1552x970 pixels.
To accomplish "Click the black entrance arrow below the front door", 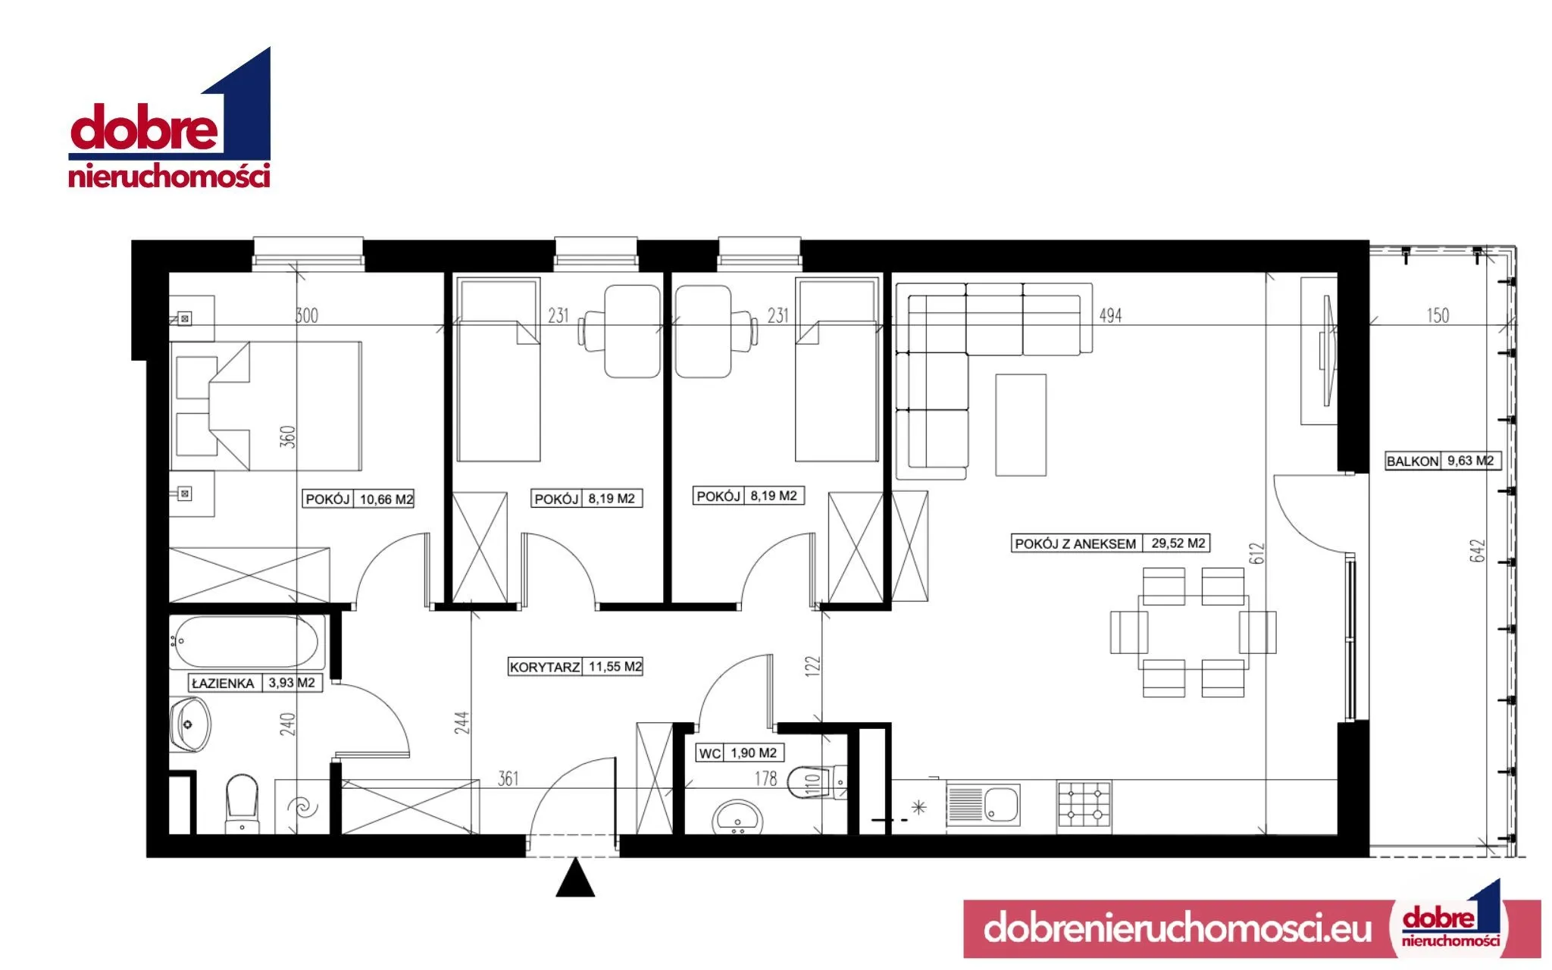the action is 575,878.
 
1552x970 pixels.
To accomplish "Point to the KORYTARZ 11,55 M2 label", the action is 576,667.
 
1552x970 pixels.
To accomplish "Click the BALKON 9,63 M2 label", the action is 1442,461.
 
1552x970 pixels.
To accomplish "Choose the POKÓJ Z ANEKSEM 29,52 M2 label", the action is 1111,543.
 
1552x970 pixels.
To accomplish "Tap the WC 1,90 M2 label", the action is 740,753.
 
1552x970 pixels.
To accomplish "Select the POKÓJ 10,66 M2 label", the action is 359,499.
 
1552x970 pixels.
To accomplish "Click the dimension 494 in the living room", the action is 1110,315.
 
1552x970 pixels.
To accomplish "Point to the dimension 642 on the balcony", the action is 1477,551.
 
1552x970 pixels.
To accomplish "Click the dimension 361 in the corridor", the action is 508,778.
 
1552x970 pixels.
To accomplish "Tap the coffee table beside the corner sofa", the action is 1021,425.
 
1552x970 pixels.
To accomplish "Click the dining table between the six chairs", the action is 1192,632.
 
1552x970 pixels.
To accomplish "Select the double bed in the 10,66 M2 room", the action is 266,406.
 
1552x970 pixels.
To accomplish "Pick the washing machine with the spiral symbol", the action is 302,806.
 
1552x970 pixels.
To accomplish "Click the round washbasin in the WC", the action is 737,817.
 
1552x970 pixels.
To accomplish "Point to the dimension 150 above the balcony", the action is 1438,315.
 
